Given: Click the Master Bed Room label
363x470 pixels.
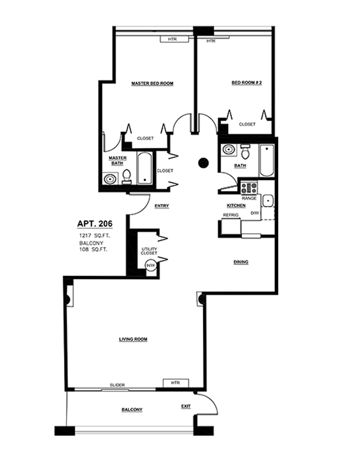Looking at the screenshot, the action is [x=152, y=84].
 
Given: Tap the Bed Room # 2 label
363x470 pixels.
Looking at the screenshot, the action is [x=247, y=82].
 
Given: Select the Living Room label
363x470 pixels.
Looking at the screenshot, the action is [x=133, y=339].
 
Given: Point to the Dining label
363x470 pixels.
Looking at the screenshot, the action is [x=241, y=262].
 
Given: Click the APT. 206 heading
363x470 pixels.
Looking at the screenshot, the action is [x=95, y=224].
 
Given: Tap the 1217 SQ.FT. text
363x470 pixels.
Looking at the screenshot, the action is [x=94, y=236].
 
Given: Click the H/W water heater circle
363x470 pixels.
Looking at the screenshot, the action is [x=150, y=265].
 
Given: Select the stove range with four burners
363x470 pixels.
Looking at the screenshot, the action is [x=249, y=188].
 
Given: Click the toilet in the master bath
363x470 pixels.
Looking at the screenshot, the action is [x=127, y=177].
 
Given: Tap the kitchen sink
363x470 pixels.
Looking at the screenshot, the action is [x=268, y=201].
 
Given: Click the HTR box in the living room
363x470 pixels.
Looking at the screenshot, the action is [x=176, y=383].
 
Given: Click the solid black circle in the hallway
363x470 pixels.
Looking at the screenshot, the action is [x=203, y=163].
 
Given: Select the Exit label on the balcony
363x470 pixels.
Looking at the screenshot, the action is [x=186, y=406].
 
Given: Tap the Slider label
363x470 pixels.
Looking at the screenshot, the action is [x=117, y=385].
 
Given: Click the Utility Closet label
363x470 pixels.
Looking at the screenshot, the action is [x=149, y=251].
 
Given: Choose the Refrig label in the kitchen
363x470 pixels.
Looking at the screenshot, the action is [x=231, y=215].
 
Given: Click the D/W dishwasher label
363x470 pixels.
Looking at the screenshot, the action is [x=255, y=213].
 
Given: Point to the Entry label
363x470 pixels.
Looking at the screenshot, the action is [x=162, y=206].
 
